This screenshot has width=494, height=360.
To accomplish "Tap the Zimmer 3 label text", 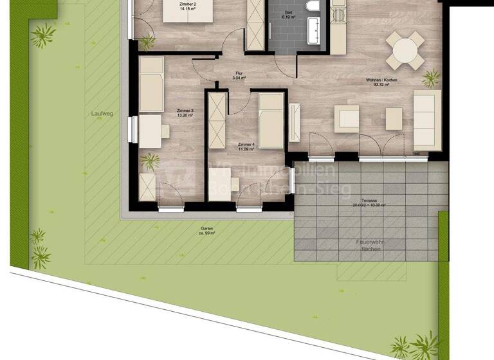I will [x=185, y=114].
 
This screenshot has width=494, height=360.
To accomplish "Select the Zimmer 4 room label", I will [x=245, y=147].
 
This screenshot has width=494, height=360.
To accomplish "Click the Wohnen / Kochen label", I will [x=381, y=82].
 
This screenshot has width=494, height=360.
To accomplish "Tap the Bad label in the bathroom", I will [x=287, y=15].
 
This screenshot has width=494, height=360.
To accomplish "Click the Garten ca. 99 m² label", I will [x=206, y=231].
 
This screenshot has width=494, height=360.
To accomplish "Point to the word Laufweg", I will [x=102, y=114].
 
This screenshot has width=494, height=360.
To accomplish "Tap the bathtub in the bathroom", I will [x=314, y=30].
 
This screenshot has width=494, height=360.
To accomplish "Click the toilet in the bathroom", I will [x=313, y=6].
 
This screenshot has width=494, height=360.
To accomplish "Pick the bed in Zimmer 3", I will [x=151, y=84].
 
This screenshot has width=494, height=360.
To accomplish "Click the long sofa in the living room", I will [x=426, y=120].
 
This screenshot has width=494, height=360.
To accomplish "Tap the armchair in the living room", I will [x=346, y=119].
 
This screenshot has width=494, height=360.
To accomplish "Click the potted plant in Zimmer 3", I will [x=150, y=160].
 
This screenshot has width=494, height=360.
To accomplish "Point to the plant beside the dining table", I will [x=431, y=78].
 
